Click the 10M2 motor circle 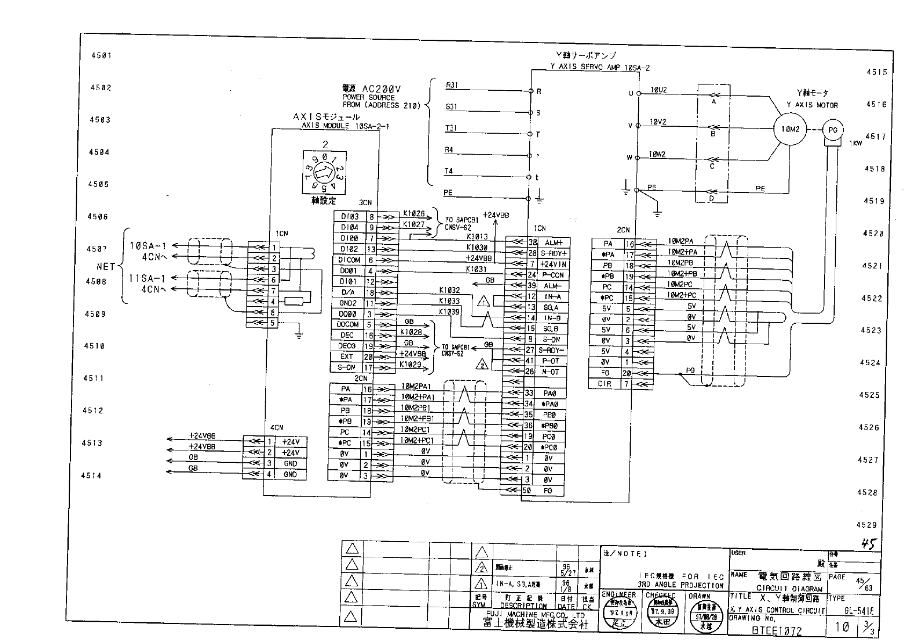coord(790,129)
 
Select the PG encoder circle coord(833,129)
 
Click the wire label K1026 coord(414,214)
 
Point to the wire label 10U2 coord(658,90)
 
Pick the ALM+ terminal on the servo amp coord(553,243)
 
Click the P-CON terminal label coord(553,275)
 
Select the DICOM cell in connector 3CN coord(349,260)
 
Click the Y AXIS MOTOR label coord(812,105)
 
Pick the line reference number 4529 coord(866,525)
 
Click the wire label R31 coord(451,85)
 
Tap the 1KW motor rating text coord(856,143)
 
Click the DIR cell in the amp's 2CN coord(605,384)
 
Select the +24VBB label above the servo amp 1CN coord(495,215)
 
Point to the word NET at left coord(106,266)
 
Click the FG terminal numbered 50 coord(548,490)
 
